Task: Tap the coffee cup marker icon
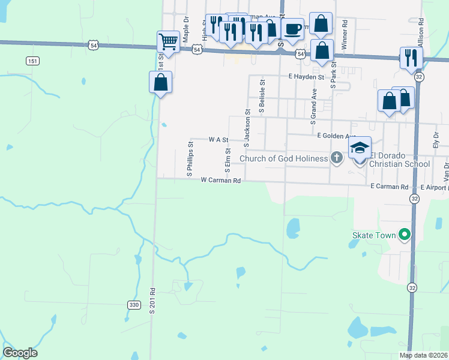coord(293,29)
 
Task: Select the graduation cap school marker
coord(360,148)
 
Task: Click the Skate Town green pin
coord(405,235)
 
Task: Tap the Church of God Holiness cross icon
coord(337,158)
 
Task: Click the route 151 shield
coord(33,61)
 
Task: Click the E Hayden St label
coord(306,77)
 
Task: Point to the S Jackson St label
coord(246,128)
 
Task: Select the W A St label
coord(218,139)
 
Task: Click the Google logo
coord(20,353)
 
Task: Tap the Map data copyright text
coord(424,355)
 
